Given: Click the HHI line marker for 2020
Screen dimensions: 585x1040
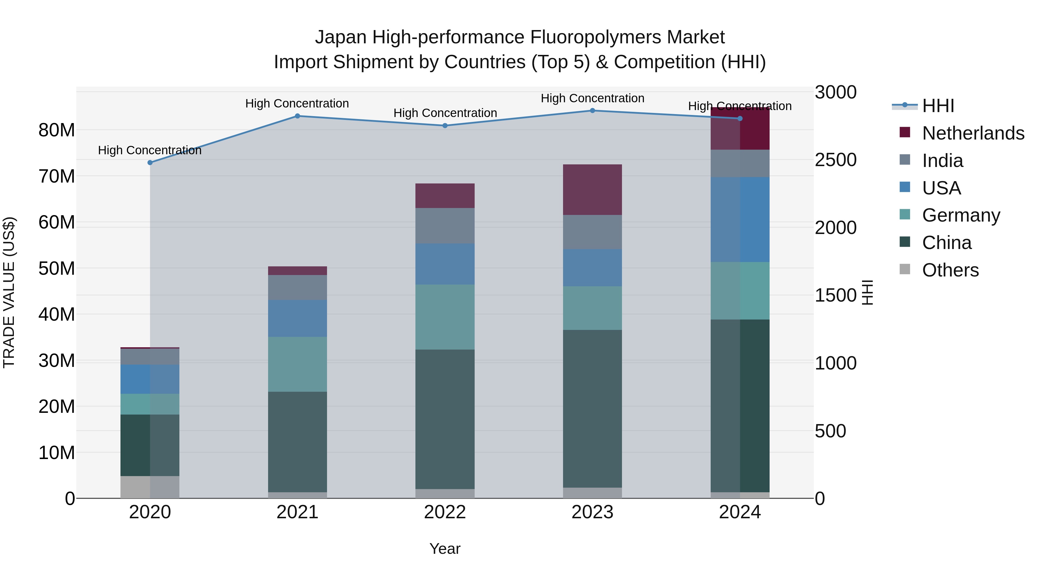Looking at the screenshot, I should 150,163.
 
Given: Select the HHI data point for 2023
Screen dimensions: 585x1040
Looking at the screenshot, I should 592,111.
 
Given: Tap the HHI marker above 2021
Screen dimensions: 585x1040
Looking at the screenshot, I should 297,116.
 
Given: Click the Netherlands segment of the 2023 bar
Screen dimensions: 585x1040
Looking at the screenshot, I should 592,190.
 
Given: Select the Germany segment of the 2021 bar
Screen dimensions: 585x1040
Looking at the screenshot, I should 297,364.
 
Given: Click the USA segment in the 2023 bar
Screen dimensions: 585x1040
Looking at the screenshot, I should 592,268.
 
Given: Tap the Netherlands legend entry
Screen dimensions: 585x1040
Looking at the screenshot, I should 973,133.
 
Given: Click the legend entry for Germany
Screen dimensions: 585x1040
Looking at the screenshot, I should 961,215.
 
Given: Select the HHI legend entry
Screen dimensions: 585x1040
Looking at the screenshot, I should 938,106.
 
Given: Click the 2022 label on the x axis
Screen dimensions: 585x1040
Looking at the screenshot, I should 445,512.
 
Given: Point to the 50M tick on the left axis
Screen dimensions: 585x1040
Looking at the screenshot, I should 57,268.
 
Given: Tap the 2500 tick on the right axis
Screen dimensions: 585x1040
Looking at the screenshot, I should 835,160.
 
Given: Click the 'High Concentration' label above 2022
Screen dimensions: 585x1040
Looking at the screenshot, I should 445,113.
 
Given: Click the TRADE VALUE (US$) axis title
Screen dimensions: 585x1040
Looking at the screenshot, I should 9,292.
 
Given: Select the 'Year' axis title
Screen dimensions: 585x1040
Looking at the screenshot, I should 445,549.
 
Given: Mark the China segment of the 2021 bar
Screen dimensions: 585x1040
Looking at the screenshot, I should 297,442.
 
